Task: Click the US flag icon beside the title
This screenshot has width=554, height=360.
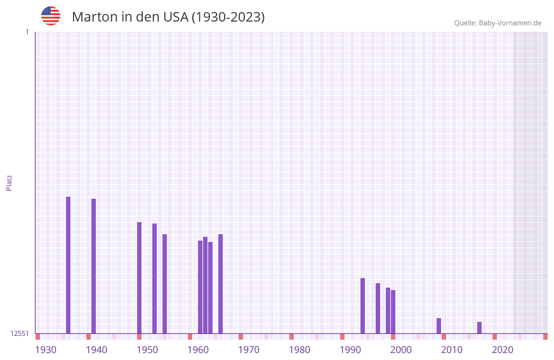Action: pyautogui.click(x=51, y=16)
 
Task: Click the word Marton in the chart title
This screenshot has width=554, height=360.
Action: pyautogui.click(x=94, y=17)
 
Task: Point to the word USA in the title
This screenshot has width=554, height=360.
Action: pyautogui.click(x=176, y=17)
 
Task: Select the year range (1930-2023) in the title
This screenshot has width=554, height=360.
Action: pyautogui.click(x=228, y=17)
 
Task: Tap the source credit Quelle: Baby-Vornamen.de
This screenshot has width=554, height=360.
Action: pyautogui.click(x=498, y=23)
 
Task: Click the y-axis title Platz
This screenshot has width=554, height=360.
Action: pyautogui.click(x=9, y=182)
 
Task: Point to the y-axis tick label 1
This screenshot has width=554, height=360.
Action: pyautogui.click(x=27, y=32)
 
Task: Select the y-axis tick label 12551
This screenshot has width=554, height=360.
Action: pyautogui.click(x=19, y=333)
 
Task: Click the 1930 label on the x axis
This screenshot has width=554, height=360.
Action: pyautogui.click(x=46, y=350)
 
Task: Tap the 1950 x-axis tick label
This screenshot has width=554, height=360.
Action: pyautogui.click(x=147, y=350)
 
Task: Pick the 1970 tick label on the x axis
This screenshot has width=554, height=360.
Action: pyautogui.click(x=249, y=350)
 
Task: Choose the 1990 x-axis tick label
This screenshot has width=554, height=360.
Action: pyautogui.click(x=350, y=350)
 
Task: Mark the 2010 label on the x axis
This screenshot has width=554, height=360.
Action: pyautogui.click(x=452, y=350)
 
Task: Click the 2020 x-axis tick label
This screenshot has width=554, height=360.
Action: pyautogui.click(x=503, y=350)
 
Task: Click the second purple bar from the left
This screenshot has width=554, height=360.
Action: pyautogui.click(x=93, y=266)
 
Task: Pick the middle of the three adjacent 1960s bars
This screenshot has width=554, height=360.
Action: pyautogui.click(x=205, y=285)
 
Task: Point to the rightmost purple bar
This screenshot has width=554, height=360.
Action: pyautogui.click(x=479, y=328)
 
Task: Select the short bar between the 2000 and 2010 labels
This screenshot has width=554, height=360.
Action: pyautogui.click(x=439, y=326)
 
